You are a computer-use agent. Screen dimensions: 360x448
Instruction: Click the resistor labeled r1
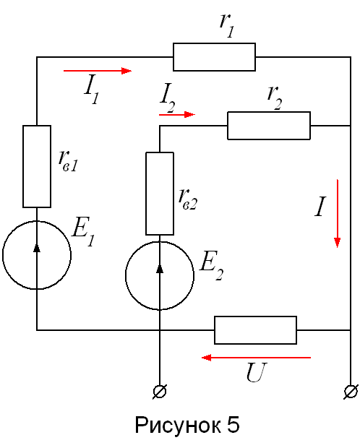214,57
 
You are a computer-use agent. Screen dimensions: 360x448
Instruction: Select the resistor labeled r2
269,126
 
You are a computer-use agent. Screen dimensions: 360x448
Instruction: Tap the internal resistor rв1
37,166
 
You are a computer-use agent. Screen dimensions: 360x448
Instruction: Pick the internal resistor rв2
160,194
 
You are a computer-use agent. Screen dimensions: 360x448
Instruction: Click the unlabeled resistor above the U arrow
255,330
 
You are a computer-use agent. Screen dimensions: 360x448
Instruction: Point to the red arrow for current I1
98,71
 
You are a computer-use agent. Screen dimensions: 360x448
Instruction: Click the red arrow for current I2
177,115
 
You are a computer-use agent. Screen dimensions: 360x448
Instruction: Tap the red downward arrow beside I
338,213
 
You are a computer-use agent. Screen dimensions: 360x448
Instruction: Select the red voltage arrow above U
256,358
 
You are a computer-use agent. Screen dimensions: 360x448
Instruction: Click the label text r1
227,25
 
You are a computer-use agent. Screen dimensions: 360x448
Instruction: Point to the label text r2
275,98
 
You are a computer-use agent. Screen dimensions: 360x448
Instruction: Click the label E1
83,231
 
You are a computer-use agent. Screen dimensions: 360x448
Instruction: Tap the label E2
212,265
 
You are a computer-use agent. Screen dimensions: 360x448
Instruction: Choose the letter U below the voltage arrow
257,372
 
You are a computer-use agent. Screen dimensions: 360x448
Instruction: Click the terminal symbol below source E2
160,392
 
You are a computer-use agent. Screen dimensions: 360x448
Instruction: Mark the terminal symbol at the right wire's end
351,392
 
